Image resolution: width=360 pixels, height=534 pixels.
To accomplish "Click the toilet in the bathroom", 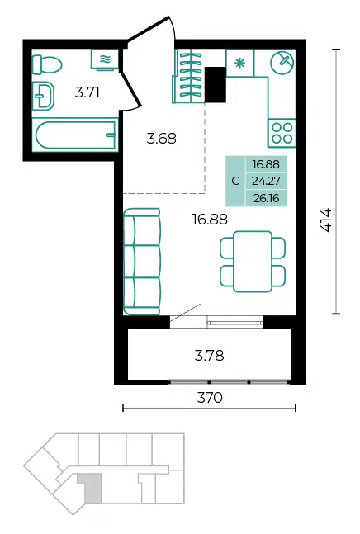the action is (47, 64).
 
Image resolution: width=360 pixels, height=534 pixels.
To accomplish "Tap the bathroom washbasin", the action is (43, 96).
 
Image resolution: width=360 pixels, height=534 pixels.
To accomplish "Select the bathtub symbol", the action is (75, 135).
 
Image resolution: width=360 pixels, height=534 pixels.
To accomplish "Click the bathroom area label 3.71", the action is (88, 92).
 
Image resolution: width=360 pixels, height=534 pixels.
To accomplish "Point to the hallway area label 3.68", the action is (162, 139).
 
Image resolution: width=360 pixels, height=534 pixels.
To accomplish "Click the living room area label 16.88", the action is (210, 220).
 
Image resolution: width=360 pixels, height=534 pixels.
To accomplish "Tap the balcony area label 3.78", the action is (210, 356).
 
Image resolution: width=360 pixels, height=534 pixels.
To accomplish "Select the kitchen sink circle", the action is (282, 63).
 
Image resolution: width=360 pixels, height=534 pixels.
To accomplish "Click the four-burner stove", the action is (282, 133).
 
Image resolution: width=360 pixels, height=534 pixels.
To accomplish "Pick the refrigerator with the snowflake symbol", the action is (240, 63).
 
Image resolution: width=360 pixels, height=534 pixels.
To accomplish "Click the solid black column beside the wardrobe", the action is (216, 84).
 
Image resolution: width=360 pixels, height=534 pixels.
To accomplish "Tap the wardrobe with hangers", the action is (189, 76).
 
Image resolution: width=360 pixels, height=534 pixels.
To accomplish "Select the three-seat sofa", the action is (142, 262).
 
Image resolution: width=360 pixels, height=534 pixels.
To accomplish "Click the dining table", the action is (253, 262).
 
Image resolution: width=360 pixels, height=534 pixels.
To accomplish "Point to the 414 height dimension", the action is (326, 220).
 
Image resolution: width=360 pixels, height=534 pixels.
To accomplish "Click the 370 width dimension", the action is (210, 398).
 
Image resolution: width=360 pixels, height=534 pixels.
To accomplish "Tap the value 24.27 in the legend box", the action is (266, 181).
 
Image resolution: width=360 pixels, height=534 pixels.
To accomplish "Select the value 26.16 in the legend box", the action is (267, 198).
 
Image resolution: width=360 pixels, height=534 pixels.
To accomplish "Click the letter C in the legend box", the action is (235, 181).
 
